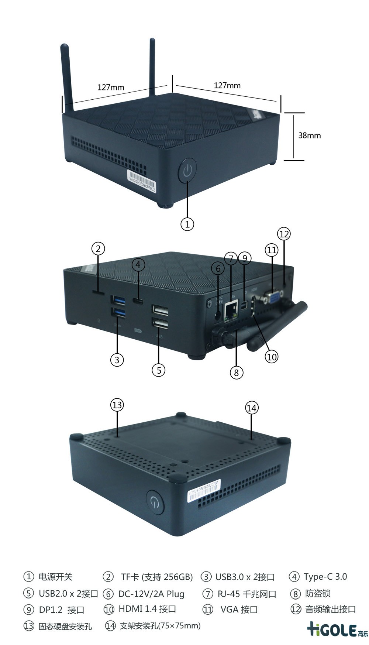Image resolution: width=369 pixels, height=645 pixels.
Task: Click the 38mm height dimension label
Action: point(309,135)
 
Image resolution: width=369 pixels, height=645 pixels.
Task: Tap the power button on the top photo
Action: point(187,170)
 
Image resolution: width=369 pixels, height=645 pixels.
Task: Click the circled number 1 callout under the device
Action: point(187,224)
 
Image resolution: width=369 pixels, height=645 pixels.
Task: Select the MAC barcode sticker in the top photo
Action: point(142,180)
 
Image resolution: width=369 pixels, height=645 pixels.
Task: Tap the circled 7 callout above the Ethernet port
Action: point(231,258)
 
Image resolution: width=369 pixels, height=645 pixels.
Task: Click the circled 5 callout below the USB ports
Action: point(159,370)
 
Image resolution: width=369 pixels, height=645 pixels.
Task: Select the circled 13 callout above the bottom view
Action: point(117,405)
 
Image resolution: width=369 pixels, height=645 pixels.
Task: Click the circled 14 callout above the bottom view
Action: point(252,408)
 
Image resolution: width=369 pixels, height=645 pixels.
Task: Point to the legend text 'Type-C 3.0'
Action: point(325,577)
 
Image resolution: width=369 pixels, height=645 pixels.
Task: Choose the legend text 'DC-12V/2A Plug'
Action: point(151,594)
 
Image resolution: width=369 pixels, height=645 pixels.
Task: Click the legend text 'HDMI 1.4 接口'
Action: point(147,609)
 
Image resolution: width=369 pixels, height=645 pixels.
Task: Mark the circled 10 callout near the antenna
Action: point(272,357)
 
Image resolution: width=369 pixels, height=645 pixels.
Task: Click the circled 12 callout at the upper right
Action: point(284,234)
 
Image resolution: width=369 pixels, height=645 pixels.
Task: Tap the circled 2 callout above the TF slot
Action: point(98,248)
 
